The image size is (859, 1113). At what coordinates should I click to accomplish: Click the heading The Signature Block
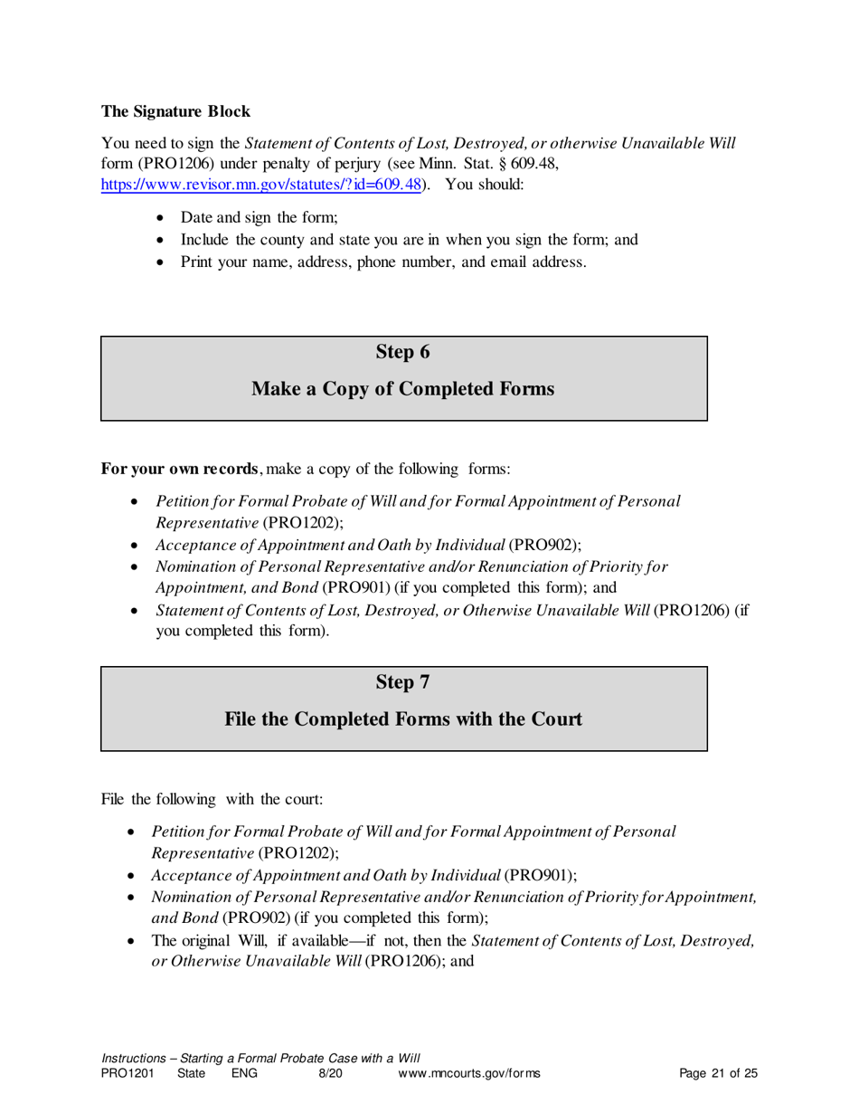click(175, 112)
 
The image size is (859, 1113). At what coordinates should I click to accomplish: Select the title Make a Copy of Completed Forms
click(402, 389)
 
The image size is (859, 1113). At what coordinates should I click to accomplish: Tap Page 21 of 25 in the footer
click(718, 1074)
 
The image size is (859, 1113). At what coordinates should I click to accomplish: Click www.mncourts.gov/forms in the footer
click(469, 1074)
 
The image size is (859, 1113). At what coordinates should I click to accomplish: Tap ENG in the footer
click(244, 1074)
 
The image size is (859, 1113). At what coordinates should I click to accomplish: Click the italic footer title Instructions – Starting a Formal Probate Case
click(260, 1058)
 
